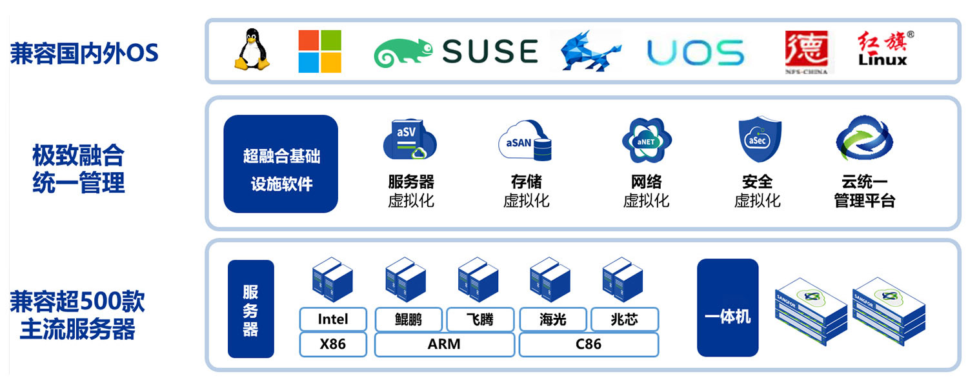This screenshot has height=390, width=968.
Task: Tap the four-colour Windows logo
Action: tap(320, 52)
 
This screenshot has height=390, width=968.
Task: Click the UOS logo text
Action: tap(695, 53)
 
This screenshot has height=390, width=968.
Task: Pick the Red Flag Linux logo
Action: tap(883, 49)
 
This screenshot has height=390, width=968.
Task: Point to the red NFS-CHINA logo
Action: tap(807, 52)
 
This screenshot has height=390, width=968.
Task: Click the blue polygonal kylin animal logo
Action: tap(590, 51)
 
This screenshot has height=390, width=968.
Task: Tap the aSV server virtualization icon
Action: tap(410, 139)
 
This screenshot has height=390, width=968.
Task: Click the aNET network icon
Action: tap(647, 141)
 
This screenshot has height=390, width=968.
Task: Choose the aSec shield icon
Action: tap(760, 139)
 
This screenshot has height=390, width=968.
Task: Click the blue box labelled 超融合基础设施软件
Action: tap(281, 164)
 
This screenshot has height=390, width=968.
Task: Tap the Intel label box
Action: tap(333, 319)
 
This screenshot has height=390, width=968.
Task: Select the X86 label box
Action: tap(333, 344)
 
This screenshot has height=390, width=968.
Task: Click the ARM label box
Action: tap(445, 344)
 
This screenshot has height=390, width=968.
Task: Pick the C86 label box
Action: tap(589, 344)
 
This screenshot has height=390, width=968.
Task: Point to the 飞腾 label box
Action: tap(480, 319)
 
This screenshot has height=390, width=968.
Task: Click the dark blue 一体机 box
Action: tap(728, 307)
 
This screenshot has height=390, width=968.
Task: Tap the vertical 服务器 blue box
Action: tap(250, 309)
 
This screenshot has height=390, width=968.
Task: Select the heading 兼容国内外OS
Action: tap(85, 54)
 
